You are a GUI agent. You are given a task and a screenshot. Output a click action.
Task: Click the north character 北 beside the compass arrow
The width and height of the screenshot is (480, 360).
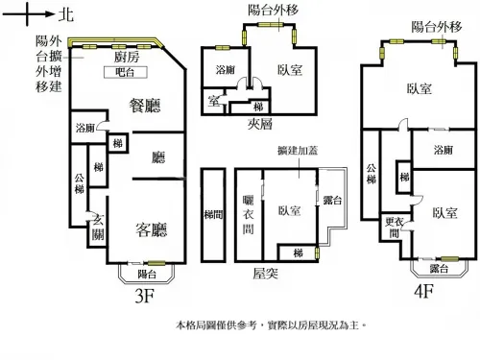click(x=64, y=14)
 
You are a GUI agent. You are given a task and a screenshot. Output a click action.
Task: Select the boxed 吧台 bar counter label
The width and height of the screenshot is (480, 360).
click(x=125, y=72)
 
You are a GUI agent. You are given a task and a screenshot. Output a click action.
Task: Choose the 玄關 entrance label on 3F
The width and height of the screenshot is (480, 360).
click(x=97, y=228)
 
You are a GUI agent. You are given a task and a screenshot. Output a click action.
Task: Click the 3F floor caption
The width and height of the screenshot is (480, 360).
click(x=143, y=297)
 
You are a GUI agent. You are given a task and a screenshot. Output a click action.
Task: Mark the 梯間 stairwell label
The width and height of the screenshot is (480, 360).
click(x=212, y=216)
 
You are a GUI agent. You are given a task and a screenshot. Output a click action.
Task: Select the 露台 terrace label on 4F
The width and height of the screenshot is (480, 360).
click(x=438, y=268)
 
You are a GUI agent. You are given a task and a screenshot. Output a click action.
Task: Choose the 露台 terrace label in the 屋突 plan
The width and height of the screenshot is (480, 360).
click(x=333, y=199)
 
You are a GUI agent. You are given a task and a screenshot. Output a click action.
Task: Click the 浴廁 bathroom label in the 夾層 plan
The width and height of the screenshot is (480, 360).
click(x=225, y=70)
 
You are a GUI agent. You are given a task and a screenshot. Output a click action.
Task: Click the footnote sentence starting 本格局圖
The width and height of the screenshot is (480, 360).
click(x=273, y=325)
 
